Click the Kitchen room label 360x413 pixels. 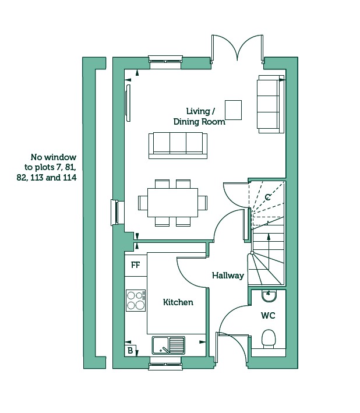point(178,302)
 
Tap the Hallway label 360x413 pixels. point(228,276)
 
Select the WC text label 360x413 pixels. point(268,315)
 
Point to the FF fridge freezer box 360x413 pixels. point(136,264)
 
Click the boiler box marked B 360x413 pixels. point(130,351)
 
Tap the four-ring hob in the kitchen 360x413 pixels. point(136,301)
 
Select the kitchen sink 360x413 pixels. point(168,345)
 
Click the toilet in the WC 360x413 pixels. point(269,339)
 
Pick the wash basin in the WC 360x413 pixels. point(269,295)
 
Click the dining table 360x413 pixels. point(172,203)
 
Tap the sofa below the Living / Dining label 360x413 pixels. point(178,146)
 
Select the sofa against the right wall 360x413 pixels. point(270,104)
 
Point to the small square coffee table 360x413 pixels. point(234,110)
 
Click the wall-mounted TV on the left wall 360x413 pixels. point(128,103)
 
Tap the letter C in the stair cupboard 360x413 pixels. point(267,197)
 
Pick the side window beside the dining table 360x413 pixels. point(115,213)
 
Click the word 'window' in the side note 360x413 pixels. point(61,157)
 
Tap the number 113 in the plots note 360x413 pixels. point(37,178)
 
